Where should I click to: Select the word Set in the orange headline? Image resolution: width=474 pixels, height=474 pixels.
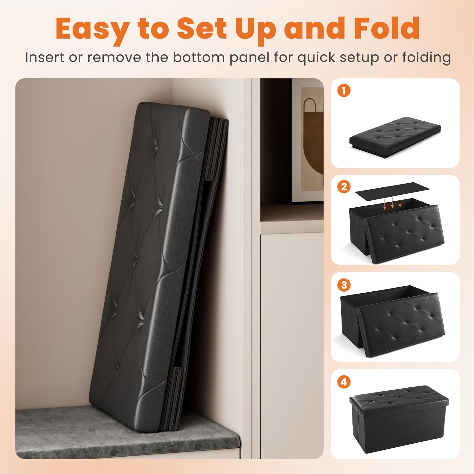tap(202, 28)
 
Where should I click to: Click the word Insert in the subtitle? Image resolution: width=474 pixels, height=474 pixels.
tap(44, 57)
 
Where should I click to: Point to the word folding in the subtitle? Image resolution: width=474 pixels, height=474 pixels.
tap(426, 58)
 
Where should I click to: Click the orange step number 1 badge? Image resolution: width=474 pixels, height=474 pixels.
tap(344, 91)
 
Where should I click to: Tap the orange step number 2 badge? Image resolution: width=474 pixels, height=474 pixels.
tap(344, 187)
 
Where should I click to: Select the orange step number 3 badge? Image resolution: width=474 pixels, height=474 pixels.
tap(344, 285)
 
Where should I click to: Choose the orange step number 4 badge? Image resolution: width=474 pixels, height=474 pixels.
tap(344, 382)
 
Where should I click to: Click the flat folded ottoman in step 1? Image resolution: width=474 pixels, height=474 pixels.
tap(395, 137)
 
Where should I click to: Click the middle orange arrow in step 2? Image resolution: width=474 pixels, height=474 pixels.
tap(392, 202)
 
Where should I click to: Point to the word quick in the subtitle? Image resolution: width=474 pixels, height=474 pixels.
tap(317, 58)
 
